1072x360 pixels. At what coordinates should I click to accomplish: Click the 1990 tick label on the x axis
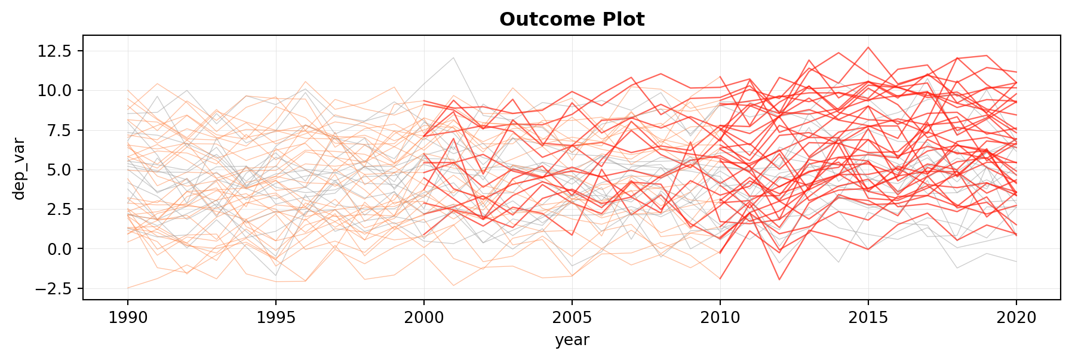point(128,318)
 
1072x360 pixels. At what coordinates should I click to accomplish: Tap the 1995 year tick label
point(276,318)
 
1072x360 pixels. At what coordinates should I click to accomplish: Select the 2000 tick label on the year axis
point(424,318)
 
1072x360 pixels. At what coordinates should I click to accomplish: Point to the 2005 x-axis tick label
point(572,318)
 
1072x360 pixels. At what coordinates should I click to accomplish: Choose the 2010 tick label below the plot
point(720,318)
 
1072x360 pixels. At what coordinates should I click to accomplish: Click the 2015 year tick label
point(868,318)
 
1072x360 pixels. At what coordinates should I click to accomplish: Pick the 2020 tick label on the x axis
point(1016,318)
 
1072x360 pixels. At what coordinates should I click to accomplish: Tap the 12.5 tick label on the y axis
point(55,51)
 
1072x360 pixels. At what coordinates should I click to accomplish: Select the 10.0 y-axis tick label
point(55,91)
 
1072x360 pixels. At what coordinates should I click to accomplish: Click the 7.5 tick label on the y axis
point(59,130)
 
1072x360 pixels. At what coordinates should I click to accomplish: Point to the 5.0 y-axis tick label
point(59,170)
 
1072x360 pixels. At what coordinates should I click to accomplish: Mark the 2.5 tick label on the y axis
point(59,210)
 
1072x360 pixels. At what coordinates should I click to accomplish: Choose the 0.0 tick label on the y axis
point(59,249)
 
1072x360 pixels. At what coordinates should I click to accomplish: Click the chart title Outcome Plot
point(572,20)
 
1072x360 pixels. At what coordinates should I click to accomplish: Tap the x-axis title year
point(572,340)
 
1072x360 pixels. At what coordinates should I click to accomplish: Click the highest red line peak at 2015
point(868,47)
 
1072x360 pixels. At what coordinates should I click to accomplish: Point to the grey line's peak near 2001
point(453,57)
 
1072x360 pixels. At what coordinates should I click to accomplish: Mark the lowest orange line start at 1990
point(128,288)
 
